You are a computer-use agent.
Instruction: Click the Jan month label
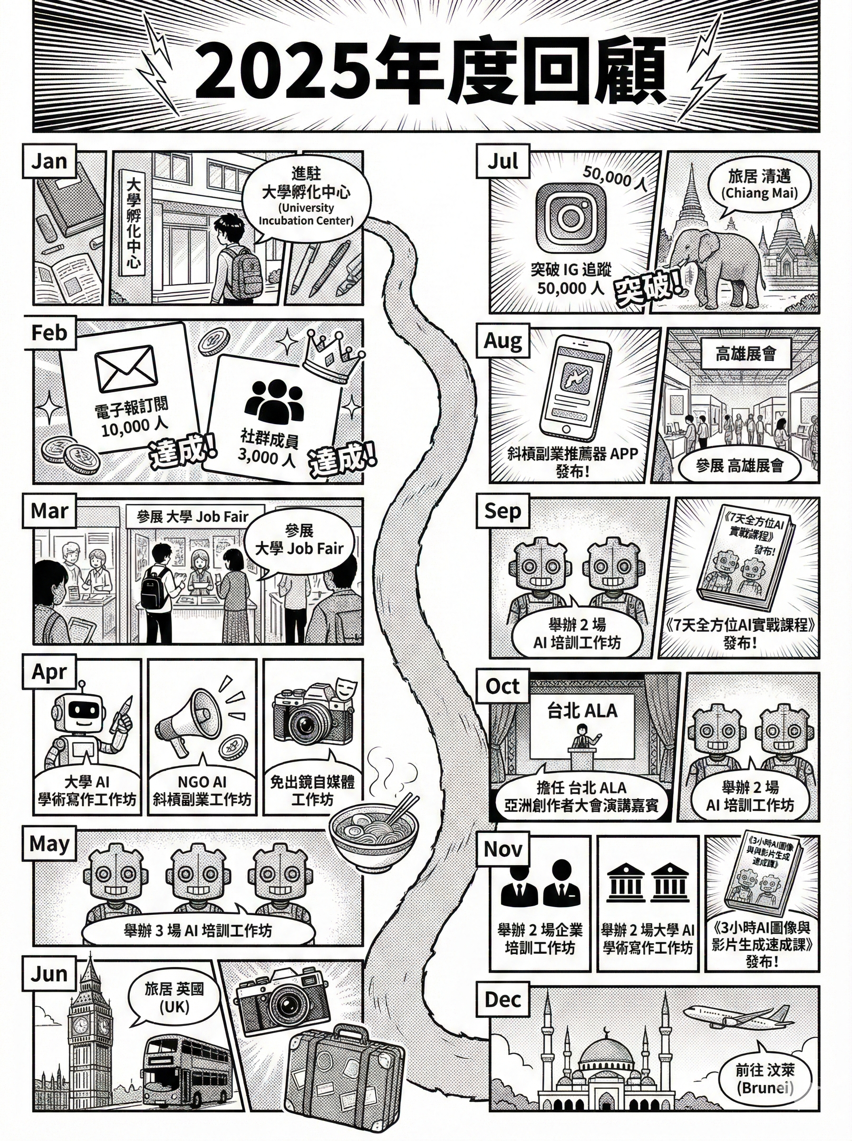[49, 161]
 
